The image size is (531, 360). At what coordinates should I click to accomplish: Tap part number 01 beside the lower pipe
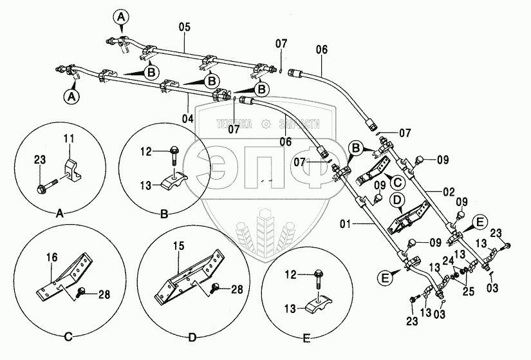(x=347, y=225)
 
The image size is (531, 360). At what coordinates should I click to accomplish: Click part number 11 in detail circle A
(x=70, y=138)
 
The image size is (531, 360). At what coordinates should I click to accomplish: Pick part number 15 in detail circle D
(x=180, y=245)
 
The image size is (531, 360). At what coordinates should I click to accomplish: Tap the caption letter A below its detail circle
(x=60, y=213)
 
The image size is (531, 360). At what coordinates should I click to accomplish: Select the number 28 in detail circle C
(x=105, y=294)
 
